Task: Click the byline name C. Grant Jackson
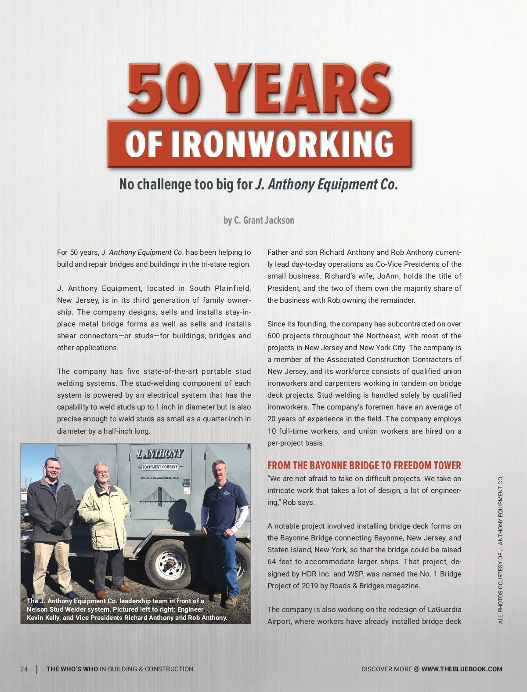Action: (x=264, y=220)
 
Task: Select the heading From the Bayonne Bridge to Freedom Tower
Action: (x=364, y=466)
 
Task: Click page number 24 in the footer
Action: (x=24, y=669)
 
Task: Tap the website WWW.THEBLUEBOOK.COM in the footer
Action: (x=462, y=669)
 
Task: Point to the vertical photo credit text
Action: (x=501, y=549)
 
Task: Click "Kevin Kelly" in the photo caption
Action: (x=43, y=617)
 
